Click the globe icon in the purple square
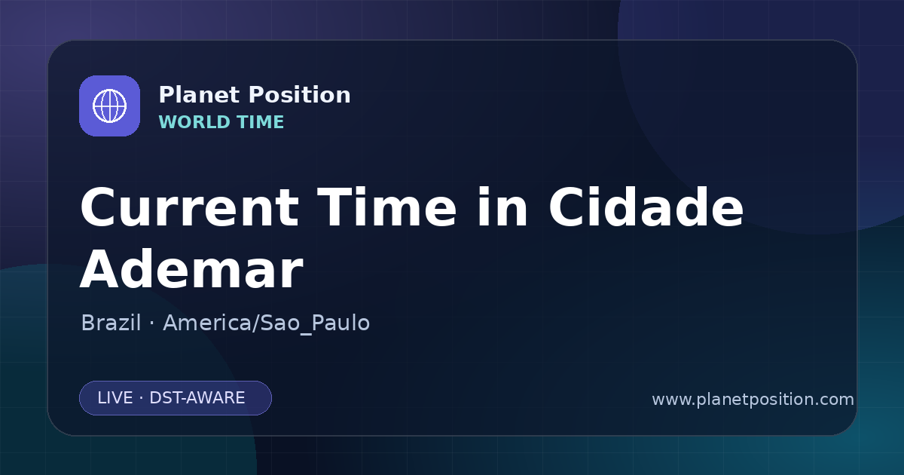coord(110,106)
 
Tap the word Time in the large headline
coord(386,207)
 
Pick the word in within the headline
coord(502,207)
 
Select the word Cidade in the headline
coord(646,207)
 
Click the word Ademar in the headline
coord(191,269)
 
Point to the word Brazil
coord(111,323)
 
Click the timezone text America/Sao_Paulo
coord(267,323)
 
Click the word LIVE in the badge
coord(115,398)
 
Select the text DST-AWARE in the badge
coord(197,398)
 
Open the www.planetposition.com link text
coord(753,400)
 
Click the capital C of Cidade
coord(567,207)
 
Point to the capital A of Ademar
coord(100,269)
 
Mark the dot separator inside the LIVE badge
coord(142,398)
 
